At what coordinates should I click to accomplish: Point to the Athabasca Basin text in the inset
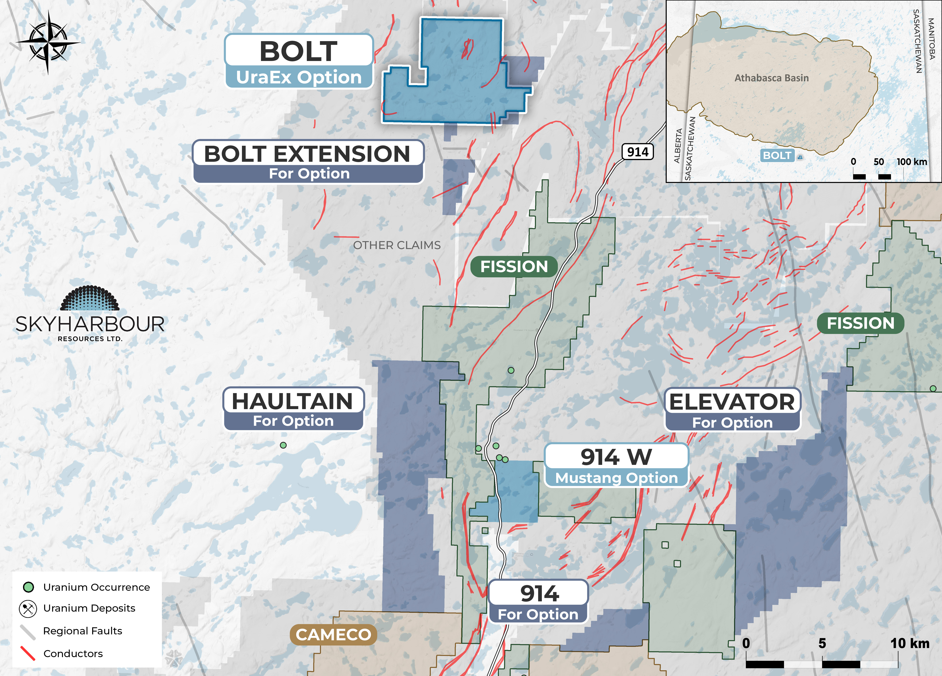(771, 78)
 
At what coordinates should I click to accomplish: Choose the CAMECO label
(333, 634)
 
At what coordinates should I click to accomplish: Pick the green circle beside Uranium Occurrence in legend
(28, 587)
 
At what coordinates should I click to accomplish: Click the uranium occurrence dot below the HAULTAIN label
(283, 445)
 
